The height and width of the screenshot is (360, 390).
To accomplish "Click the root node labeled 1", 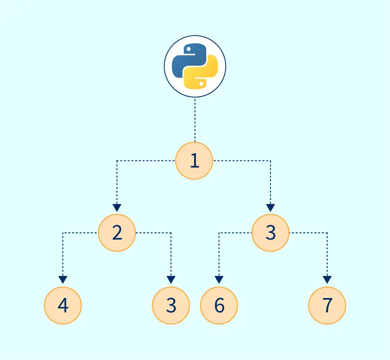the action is coord(194,161).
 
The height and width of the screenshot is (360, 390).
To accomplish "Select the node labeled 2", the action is coord(117,233).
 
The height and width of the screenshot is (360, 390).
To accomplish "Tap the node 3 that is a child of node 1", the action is coord(270,233).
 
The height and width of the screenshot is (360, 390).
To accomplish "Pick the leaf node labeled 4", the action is coord(63,305).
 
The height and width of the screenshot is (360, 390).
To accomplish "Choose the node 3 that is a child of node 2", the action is coord(171,305).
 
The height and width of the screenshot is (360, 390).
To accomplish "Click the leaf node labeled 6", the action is coord(219,305).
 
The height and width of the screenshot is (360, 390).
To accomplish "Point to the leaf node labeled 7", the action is coord(327,305).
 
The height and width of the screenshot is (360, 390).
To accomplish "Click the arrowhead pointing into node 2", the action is coord(117,208).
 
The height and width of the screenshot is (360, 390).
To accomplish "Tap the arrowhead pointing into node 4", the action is coord(63,280).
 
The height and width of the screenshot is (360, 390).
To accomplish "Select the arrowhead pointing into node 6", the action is coord(219,280).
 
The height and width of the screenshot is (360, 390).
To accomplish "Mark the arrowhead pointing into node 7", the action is coord(327,280).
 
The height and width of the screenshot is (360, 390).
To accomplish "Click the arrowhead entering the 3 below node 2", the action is coord(171,280).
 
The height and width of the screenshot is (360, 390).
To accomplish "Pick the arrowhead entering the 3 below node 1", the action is coord(270,208).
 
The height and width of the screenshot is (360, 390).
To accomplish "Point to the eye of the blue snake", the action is coord(189,49).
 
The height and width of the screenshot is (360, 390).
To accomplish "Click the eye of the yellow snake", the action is coord(201,84).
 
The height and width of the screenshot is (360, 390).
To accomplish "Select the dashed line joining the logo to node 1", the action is coord(195,120).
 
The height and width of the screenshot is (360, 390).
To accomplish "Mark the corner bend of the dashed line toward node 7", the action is coord(327,233).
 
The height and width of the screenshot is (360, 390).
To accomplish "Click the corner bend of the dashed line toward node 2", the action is coord(117,161).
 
